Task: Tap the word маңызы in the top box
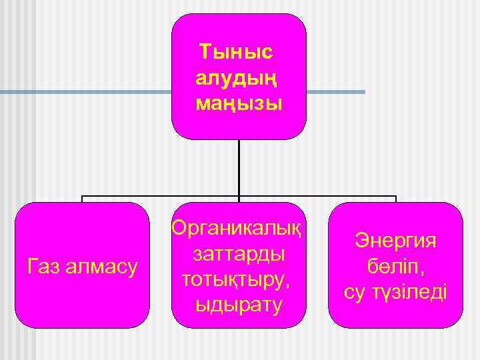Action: (x=239, y=103)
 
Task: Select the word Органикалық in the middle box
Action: (x=238, y=227)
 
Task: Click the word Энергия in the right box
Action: (x=396, y=240)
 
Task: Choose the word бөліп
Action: (x=396, y=266)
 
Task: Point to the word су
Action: (x=355, y=292)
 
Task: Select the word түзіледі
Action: (x=408, y=292)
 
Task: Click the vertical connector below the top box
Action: (x=239, y=167)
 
